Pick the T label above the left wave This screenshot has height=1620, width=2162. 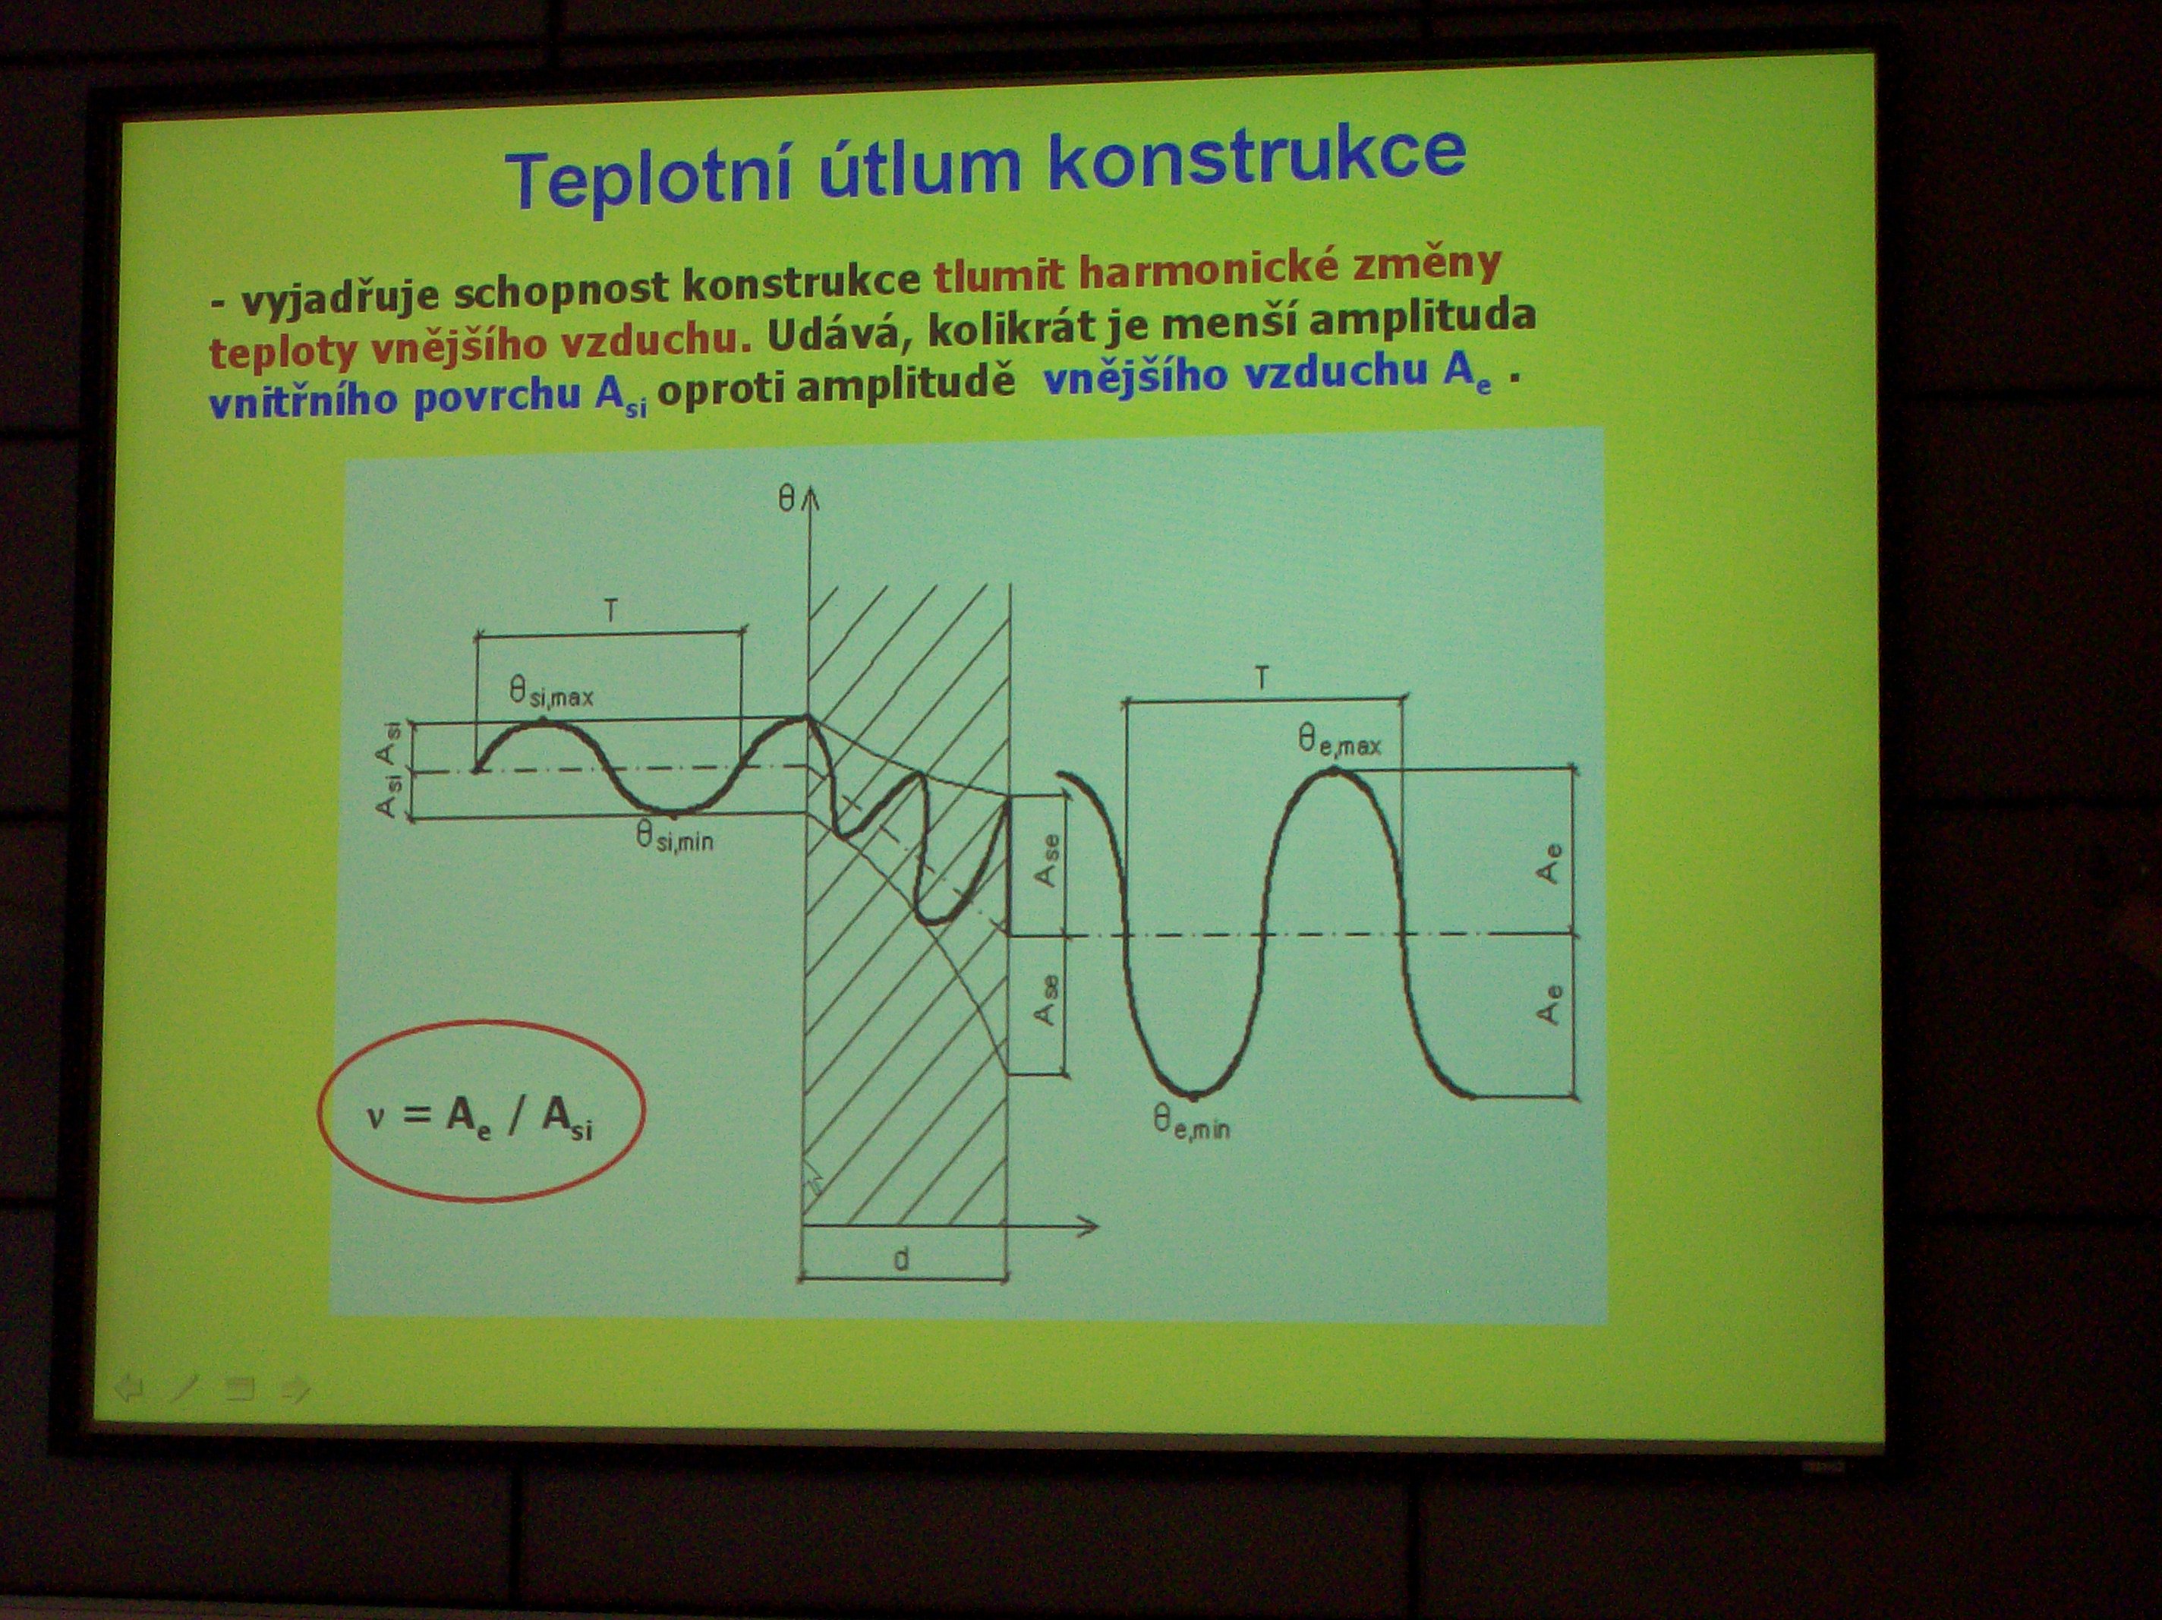coord(611,612)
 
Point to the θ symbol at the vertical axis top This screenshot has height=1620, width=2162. coord(786,500)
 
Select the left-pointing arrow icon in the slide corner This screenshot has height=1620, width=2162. coord(128,1388)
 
